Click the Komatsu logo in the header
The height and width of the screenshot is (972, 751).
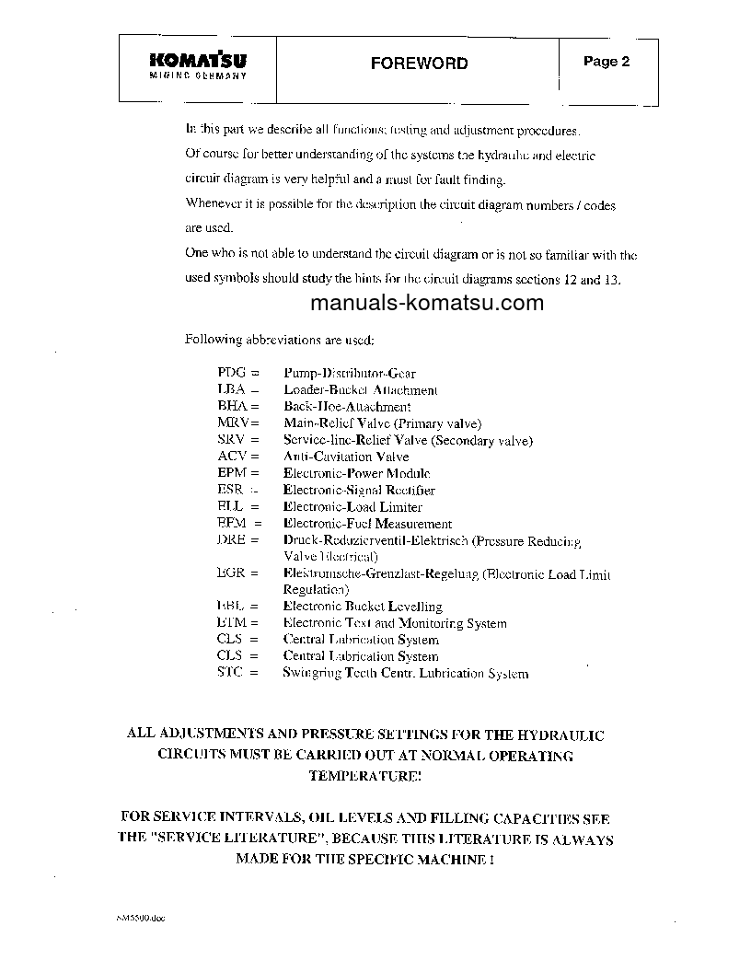coord(197,65)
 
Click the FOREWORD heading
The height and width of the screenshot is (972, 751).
coord(419,64)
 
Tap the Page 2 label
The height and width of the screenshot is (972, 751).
coord(607,63)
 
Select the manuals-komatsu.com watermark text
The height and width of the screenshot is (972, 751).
coord(427,303)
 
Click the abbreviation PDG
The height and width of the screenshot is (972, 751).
coord(232,374)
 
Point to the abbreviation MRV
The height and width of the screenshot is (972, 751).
coord(233,423)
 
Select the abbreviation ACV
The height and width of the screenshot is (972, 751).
coord(232,457)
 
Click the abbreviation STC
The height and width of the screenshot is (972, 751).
coord(232,673)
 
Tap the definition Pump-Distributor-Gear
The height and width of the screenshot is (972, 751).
coord(349,374)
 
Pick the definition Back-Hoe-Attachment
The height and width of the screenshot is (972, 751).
coord(346,407)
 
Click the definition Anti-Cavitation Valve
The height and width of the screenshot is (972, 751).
coord(345,457)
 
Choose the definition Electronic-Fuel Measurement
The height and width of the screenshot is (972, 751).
coord(367,524)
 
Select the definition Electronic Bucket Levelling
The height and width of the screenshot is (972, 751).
coord(363,607)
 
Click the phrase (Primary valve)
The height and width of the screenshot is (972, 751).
coord(437,423)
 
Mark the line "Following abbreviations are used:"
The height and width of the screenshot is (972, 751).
coord(280,340)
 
